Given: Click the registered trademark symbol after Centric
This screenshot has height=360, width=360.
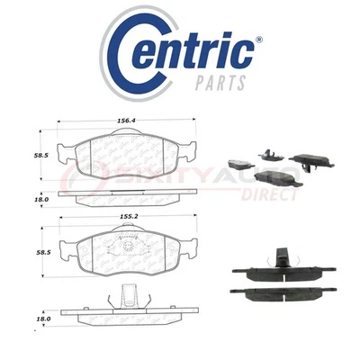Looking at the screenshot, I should (x=259, y=40).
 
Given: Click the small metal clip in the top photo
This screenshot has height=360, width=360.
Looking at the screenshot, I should (x=267, y=153).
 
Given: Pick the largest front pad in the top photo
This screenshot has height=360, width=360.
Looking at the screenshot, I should (x=281, y=179).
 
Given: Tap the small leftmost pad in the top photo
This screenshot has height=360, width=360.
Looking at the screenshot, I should (x=238, y=164).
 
